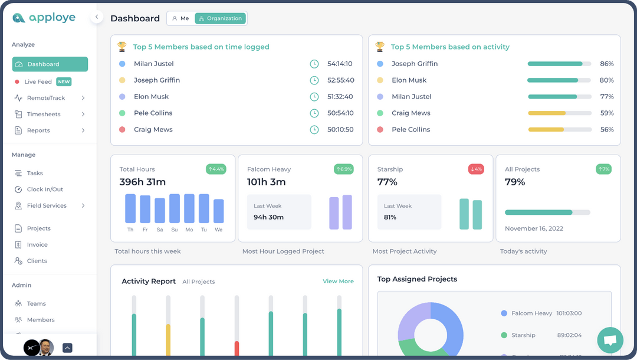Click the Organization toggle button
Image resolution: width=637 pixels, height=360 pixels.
(x=220, y=18)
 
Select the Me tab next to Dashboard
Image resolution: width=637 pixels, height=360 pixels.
(x=180, y=18)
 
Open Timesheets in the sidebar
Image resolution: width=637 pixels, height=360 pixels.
(x=44, y=114)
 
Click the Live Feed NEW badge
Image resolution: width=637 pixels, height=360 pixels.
(x=64, y=82)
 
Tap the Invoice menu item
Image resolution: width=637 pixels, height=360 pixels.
(x=37, y=244)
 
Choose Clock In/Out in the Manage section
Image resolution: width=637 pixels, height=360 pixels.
(x=45, y=189)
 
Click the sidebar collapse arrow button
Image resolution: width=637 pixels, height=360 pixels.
(x=97, y=17)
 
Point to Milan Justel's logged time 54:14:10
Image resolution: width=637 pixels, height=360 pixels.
(x=340, y=64)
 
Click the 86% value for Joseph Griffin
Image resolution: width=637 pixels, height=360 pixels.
(x=606, y=64)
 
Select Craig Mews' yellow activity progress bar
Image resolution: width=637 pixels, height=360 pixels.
(x=547, y=113)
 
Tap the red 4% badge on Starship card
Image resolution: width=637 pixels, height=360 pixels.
(x=476, y=169)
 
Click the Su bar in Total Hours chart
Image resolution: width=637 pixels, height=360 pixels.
(x=175, y=208)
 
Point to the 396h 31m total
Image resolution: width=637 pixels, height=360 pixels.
(x=143, y=182)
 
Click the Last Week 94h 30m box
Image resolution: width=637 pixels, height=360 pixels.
(x=279, y=212)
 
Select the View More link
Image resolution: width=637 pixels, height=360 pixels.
(x=338, y=282)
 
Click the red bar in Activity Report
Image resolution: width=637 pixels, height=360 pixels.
(x=237, y=348)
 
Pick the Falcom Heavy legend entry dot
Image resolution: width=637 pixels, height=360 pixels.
(x=504, y=313)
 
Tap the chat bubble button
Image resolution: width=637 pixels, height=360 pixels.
(x=610, y=340)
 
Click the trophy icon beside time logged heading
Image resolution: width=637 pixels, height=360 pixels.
(x=122, y=46)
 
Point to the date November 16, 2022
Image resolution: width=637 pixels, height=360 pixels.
(x=534, y=228)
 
